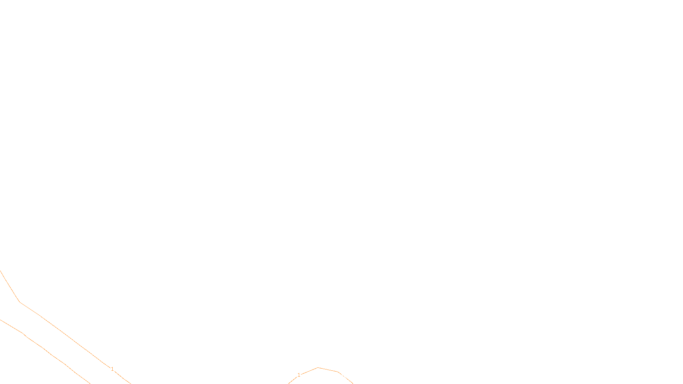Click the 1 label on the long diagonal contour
(x=112, y=369)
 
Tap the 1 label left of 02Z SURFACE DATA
(x=299, y=375)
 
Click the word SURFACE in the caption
(x=341, y=377)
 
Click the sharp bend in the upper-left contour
(x=20, y=302)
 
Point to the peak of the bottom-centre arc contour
(x=318, y=367)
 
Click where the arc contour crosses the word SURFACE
(x=344, y=376)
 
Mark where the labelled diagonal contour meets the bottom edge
(x=130, y=383)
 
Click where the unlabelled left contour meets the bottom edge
(x=90, y=383)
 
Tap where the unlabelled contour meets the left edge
(x=0, y=320)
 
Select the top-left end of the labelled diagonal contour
(x=0, y=271)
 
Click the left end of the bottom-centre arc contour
(x=289, y=383)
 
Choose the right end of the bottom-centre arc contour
(x=353, y=383)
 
